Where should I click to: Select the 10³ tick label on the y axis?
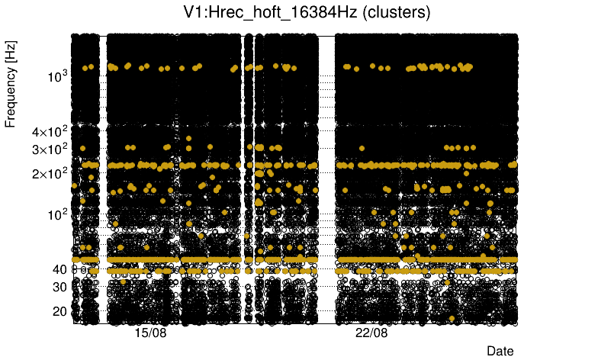(x=57, y=76)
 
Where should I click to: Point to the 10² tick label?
(x=57, y=214)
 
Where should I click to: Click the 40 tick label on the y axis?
(x=59, y=269)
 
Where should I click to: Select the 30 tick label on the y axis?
(x=59, y=287)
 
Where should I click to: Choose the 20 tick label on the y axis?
(x=59, y=311)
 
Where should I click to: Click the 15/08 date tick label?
(x=150, y=334)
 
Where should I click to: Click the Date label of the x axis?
(x=500, y=351)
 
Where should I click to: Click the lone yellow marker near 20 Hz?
(x=452, y=318)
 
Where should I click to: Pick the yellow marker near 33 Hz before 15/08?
(x=123, y=281)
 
